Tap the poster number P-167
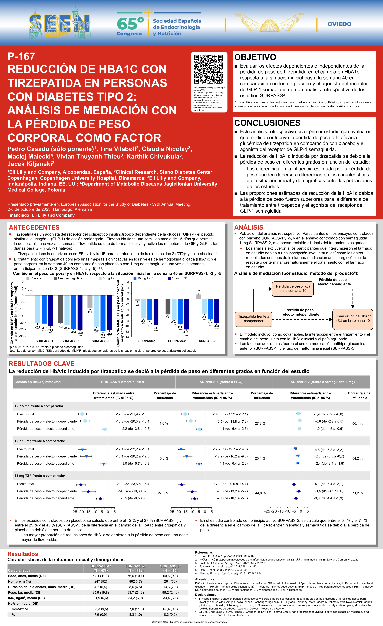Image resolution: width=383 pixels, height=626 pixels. [x=21, y=56]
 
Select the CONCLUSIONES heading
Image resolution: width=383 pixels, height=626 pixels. [x=267, y=123]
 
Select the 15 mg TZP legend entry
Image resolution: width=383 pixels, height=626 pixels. [x=179, y=278]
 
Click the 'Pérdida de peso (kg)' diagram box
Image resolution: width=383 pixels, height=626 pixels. [x=293, y=289]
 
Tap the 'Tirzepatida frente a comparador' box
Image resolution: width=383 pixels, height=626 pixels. [x=253, y=319]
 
